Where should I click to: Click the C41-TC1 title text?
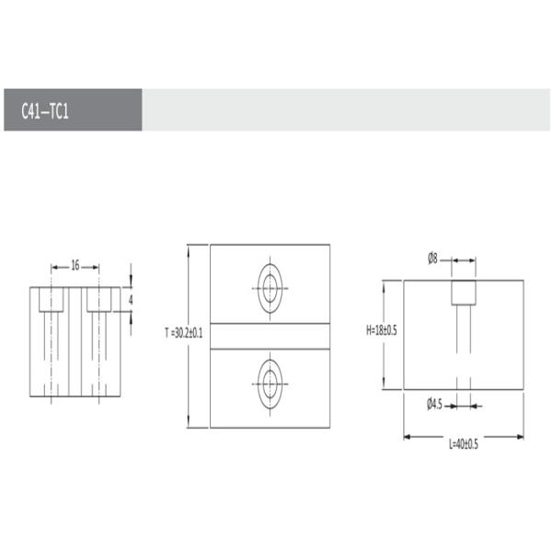coord(45,111)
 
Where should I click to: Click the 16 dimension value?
coord(75,265)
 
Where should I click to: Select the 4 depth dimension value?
coord(131,300)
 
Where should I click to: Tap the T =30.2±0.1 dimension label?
coord(184,333)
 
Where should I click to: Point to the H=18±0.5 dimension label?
coord(382,330)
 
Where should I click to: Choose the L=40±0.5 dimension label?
coord(464,444)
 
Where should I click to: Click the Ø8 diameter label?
coord(432,259)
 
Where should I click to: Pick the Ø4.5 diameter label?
coord(434,405)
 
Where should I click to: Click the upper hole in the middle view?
coord(270,288)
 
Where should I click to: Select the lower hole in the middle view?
coord(270,384)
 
